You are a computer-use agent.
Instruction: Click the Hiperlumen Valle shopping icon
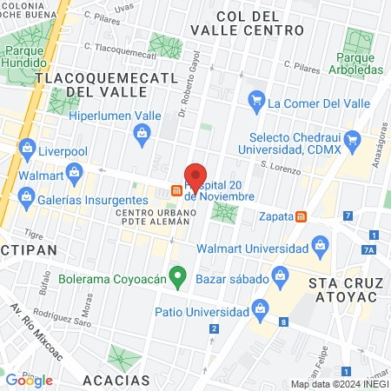click(x=142, y=133)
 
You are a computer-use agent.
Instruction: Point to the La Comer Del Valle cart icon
click(x=255, y=103)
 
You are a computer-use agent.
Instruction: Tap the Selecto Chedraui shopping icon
click(x=352, y=139)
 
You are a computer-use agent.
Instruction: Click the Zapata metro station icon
click(x=302, y=216)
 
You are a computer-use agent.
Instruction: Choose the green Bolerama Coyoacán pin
click(x=178, y=278)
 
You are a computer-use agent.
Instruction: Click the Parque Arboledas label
click(x=359, y=63)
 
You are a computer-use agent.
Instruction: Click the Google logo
click(x=30, y=380)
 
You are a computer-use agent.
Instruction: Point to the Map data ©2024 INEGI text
click(x=338, y=384)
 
